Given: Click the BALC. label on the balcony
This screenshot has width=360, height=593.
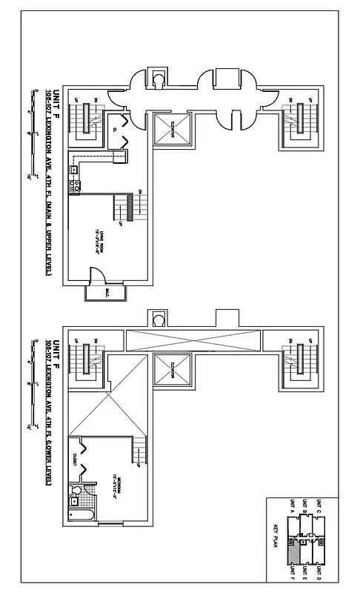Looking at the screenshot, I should pyautogui.click(x=96, y=292).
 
